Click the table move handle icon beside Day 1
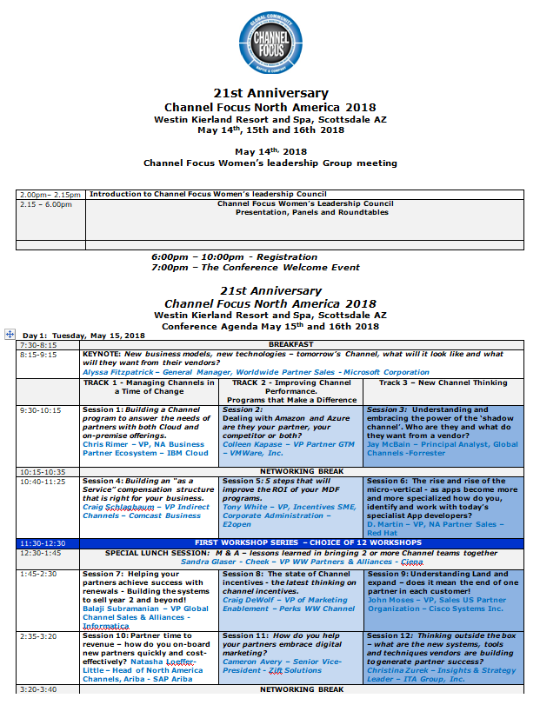pyautogui.click(x=10, y=334)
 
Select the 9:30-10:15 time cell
pyautogui.click(x=41, y=409)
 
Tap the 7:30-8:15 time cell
pyautogui.click(x=37, y=344)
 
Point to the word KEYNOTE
pyautogui.click(x=102, y=354)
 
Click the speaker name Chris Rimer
pyautogui.click(x=104, y=444)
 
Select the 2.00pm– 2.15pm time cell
pyautogui.click(x=50, y=195)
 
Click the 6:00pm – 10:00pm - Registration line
pyautogui.click(x=234, y=257)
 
